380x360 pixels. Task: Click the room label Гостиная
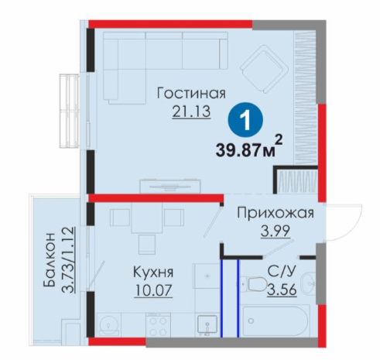[x=191, y=93]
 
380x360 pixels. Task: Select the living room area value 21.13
[x=191, y=111]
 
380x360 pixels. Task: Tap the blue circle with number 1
[x=245, y=120]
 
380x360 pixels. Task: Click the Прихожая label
[x=276, y=213]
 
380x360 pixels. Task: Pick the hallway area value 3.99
[x=276, y=231]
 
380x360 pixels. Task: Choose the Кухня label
[x=153, y=273]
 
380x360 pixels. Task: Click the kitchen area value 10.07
[x=153, y=290]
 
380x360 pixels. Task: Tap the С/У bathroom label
[x=282, y=272]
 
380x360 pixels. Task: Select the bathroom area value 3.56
[x=282, y=289]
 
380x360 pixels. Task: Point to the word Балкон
[x=50, y=260]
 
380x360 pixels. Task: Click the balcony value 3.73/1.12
[x=68, y=260]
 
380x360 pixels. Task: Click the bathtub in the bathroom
[x=276, y=321]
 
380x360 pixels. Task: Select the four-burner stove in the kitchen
[x=158, y=325]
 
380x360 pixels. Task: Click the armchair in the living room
[x=264, y=69]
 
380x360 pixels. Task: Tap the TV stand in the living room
[x=170, y=186]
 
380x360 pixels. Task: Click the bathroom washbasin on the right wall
[x=309, y=282]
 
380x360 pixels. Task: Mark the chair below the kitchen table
[x=147, y=245]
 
